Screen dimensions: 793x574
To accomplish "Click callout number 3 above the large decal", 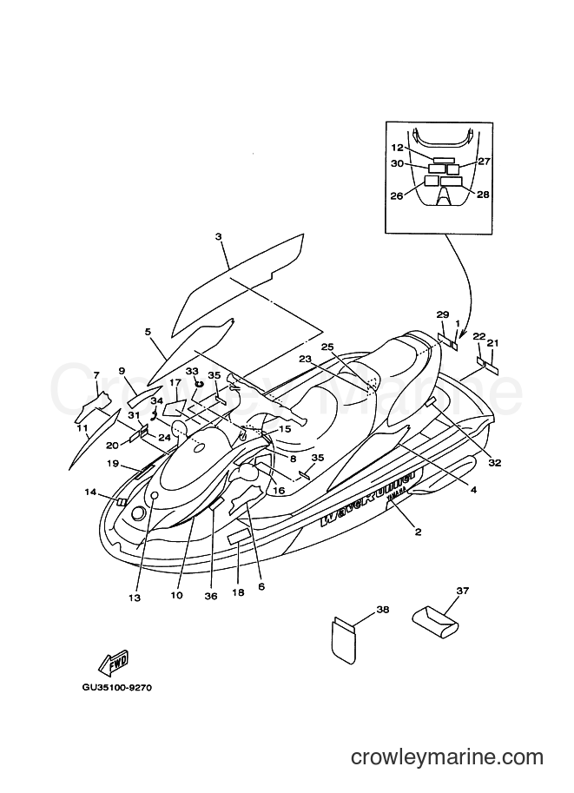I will pos(218,236).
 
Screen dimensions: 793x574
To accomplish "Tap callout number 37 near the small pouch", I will pos(462,591).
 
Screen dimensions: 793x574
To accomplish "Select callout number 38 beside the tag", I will pos(383,610).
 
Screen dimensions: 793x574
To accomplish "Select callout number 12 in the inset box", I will pos(398,148).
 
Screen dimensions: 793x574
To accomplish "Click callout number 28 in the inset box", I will pos(483,195).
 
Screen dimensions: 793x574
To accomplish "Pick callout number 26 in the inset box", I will pos(396,195).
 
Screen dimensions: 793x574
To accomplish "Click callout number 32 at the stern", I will pos(494,463).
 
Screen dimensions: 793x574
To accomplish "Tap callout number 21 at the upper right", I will pos(492,342).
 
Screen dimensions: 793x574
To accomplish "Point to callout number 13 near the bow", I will pos(135,598).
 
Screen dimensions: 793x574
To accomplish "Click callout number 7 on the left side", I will pos(96,375).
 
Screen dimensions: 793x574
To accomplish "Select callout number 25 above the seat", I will pos(327,347).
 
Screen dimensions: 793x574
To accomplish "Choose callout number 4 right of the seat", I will pos(473,490).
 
